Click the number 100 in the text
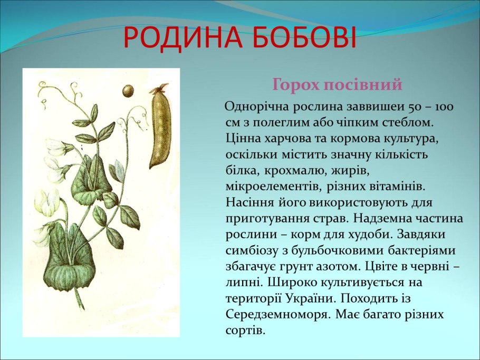click(x=445, y=107)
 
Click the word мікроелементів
click(x=271, y=186)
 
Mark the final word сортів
click(x=244, y=330)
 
